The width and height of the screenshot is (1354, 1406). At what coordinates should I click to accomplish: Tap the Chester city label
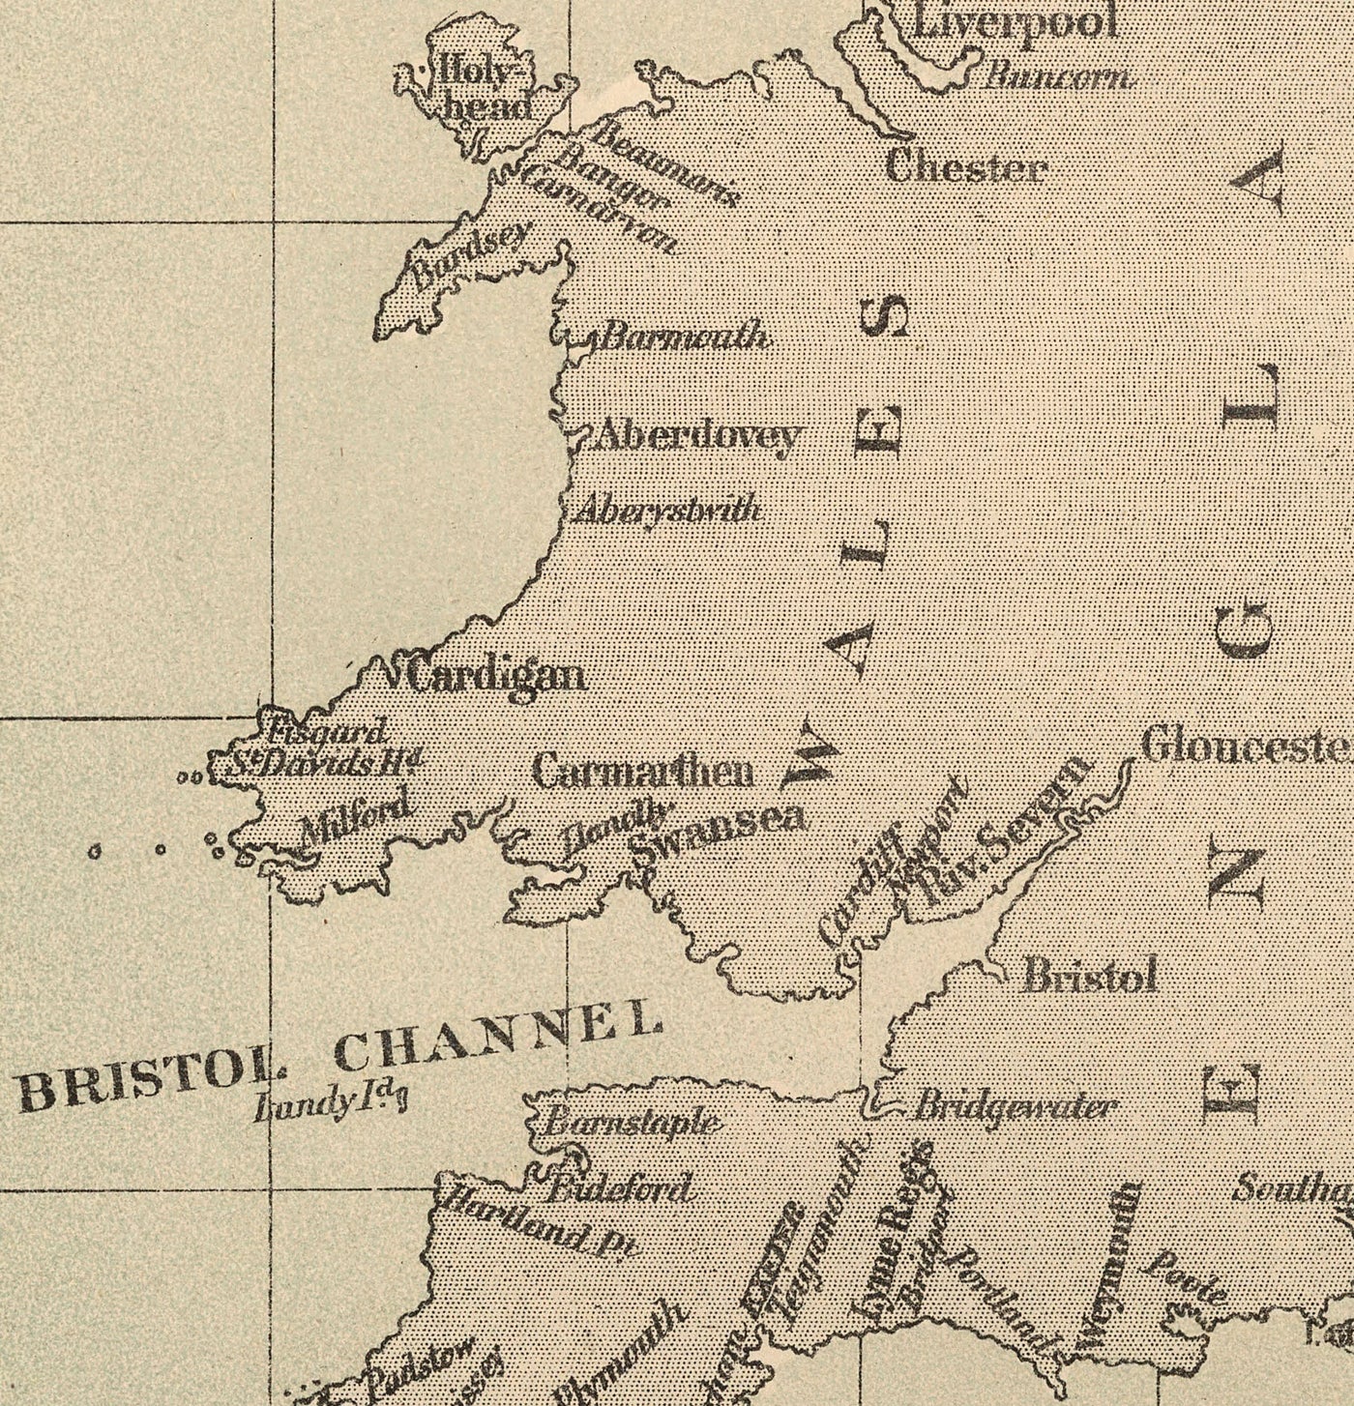pyautogui.click(x=966, y=169)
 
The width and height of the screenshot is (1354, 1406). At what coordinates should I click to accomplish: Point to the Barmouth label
pyautogui.click(x=685, y=337)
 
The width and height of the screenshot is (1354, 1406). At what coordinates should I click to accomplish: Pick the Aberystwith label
pyautogui.click(x=667, y=511)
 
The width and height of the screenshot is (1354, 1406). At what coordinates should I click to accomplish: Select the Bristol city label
pyautogui.click(x=1090, y=977)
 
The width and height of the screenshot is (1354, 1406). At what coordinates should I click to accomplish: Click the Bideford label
pyautogui.click(x=620, y=1188)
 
